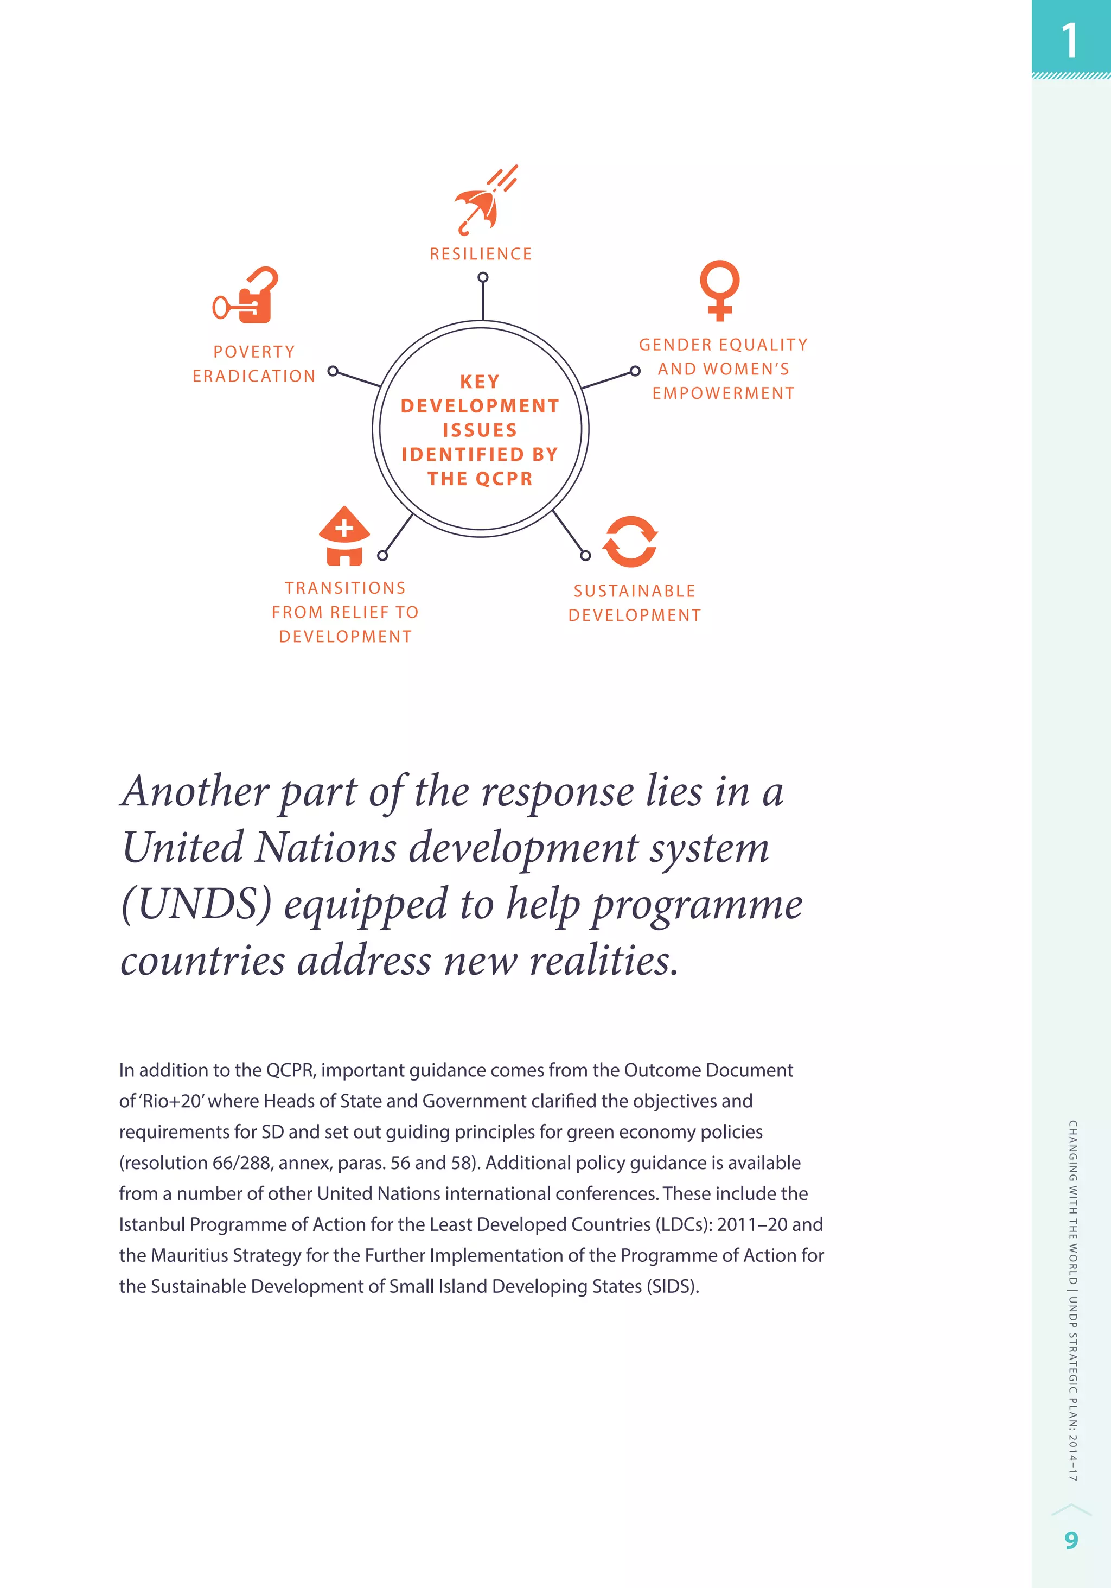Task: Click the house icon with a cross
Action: pos(344,536)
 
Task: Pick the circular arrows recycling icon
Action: pos(630,542)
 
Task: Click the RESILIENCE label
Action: pos(481,254)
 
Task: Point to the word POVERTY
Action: pos(254,352)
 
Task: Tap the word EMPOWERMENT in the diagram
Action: pos(723,393)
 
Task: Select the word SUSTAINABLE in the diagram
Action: pos(634,592)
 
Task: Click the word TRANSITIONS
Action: pos(345,588)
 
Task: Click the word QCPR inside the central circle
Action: pos(503,479)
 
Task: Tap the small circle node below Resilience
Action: pos(483,277)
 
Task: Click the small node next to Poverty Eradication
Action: pos(333,371)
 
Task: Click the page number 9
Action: pos(1071,1540)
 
